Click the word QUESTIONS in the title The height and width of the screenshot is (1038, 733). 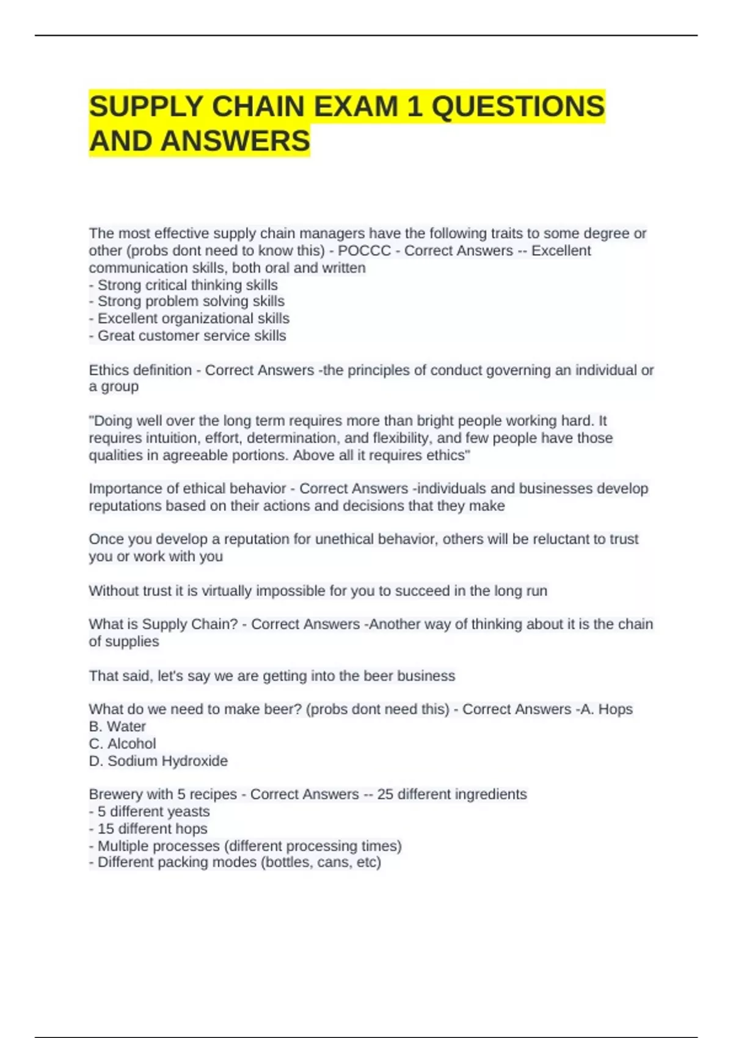pyautogui.click(x=518, y=107)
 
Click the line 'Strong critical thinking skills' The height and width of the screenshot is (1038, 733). pyautogui.click(x=188, y=285)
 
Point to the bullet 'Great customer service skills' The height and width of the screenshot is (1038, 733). pyautogui.click(x=192, y=336)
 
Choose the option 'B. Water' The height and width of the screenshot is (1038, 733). pyautogui.click(x=117, y=727)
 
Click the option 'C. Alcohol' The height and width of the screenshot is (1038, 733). pyautogui.click(x=122, y=744)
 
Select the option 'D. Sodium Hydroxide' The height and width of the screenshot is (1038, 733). pyautogui.click(x=158, y=761)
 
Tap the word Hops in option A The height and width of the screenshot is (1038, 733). pyautogui.click(x=615, y=710)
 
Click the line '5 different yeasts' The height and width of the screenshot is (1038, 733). pyautogui.click(x=153, y=811)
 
